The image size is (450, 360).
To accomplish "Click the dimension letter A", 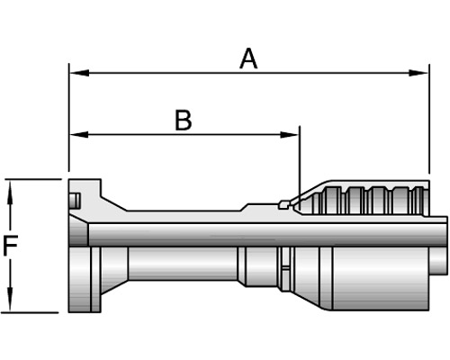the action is (248, 59).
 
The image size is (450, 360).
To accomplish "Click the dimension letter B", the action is (184, 121).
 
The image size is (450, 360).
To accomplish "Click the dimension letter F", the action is (10, 246).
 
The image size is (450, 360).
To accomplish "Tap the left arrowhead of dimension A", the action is (79, 73).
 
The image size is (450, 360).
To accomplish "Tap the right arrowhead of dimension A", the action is (418, 73).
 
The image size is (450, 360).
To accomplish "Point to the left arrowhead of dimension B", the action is (79, 134).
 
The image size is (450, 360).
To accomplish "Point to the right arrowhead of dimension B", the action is (289, 134).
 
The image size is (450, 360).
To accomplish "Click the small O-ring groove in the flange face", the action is (75, 201).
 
